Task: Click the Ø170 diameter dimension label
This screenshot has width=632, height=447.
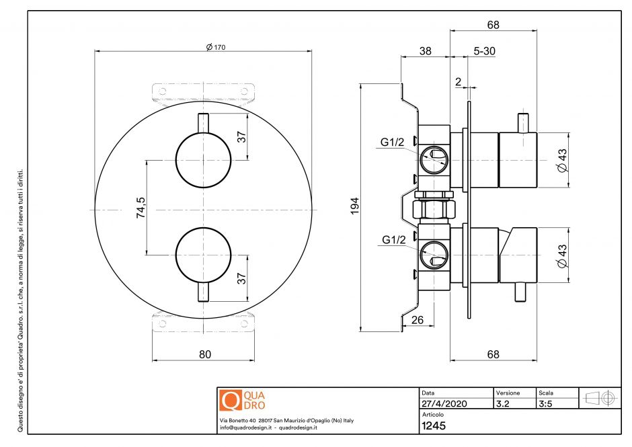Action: click(x=216, y=46)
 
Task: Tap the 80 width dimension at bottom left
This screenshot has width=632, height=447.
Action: click(x=205, y=354)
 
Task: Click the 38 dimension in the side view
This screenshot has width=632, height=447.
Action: click(x=425, y=50)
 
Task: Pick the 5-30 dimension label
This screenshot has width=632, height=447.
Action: click(x=485, y=50)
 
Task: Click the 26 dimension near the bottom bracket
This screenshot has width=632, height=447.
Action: click(x=417, y=320)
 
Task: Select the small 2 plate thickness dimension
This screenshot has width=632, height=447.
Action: click(x=458, y=81)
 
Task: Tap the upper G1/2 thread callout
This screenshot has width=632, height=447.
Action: click(x=393, y=143)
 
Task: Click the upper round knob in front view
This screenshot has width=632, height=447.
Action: click(x=203, y=161)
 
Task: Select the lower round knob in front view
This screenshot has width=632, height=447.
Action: click(x=203, y=254)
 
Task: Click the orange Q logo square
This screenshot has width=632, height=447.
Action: click(x=230, y=400)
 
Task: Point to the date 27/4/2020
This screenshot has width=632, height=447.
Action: click(x=444, y=404)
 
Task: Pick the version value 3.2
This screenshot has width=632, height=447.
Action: click(x=502, y=404)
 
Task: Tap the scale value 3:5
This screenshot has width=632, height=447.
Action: click(x=546, y=404)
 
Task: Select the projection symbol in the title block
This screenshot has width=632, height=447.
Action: click(x=601, y=397)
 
